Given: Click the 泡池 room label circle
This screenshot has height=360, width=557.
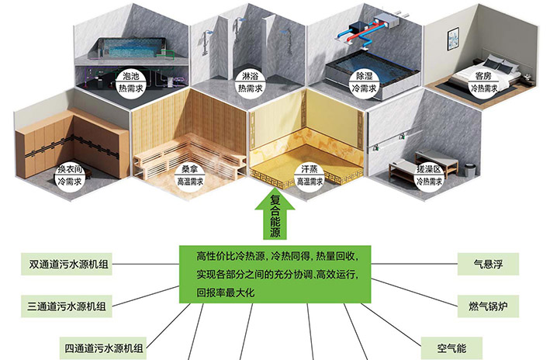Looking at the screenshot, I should point(132,83).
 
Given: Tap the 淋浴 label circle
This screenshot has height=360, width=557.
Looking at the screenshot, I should point(249,83).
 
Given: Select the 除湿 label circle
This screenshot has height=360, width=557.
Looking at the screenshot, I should point(365,83).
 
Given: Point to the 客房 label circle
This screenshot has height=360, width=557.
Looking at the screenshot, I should point(483,83).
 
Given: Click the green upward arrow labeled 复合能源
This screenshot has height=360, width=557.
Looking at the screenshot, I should point(275,217).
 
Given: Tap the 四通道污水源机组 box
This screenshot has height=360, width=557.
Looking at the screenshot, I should point(108,347).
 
